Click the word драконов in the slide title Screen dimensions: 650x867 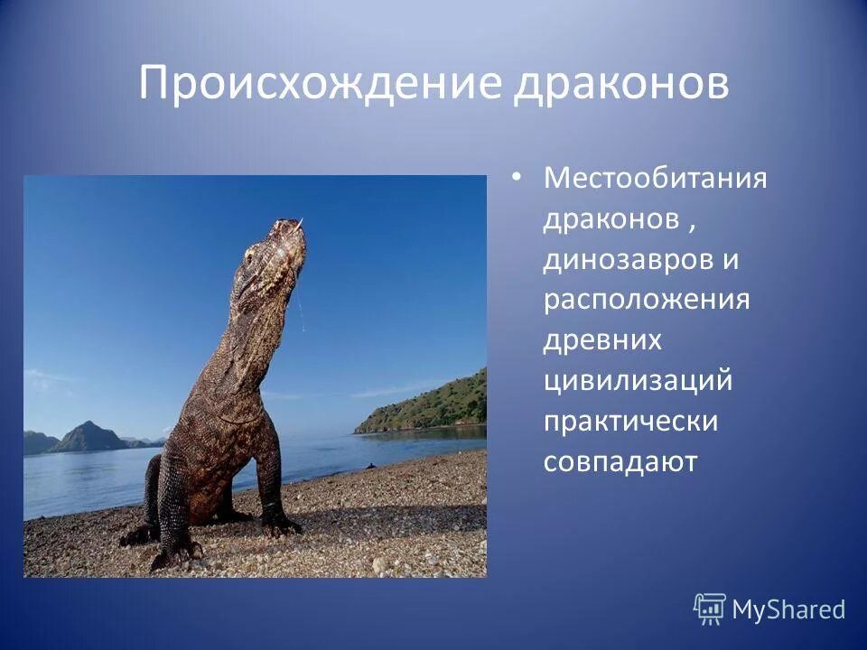pyautogui.click(x=622, y=84)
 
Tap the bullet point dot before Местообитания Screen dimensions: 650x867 pyautogui.click(x=516, y=177)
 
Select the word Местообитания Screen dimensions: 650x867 pyautogui.click(x=655, y=178)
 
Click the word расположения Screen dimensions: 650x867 pyautogui.click(x=647, y=300)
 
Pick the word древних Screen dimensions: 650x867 pyautogui.click(x=602, y=340)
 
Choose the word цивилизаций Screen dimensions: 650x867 pyautogui.click(x=638, y=381)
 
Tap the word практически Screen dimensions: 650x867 pyautogui.click(x=630, y=422)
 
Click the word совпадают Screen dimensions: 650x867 pyautogui.click(x=620, y=461)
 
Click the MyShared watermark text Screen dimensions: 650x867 pyautogui.click(x=788, y=610)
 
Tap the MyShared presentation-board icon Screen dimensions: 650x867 pyautogui.click(x=710, y=609)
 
